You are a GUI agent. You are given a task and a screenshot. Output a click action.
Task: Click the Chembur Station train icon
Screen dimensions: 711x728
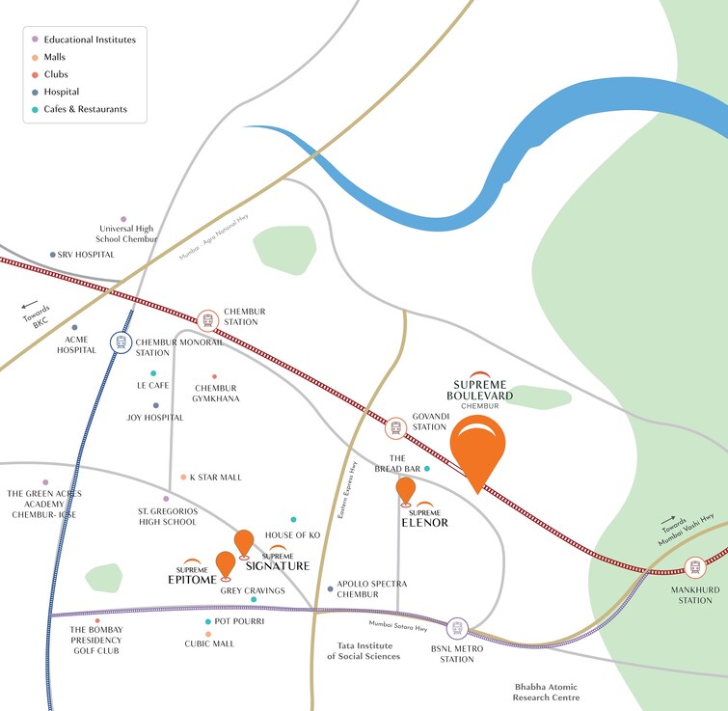207,320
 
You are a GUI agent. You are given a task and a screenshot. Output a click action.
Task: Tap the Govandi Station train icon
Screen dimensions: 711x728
395,427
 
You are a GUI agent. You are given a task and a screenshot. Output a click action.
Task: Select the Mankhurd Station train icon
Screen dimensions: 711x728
693,568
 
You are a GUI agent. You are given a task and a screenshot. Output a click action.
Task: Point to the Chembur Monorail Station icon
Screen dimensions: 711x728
121,342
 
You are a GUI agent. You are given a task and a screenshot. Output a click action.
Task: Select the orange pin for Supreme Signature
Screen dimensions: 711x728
244,543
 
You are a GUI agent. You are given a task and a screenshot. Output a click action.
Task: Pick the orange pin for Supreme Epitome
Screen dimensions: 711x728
225,564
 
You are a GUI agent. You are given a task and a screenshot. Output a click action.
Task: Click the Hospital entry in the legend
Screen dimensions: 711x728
61,92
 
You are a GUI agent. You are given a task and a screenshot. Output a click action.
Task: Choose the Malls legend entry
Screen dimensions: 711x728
55,57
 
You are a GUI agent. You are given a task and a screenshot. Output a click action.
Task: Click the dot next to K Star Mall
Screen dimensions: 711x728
183,477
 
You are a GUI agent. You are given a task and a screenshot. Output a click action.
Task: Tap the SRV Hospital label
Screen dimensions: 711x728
86,255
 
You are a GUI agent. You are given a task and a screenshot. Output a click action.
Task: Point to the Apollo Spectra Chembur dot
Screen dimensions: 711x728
330,588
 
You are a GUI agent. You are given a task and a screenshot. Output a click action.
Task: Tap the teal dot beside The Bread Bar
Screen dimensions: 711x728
427,469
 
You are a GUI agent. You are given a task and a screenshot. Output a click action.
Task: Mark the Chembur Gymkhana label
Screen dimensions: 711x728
217,393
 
